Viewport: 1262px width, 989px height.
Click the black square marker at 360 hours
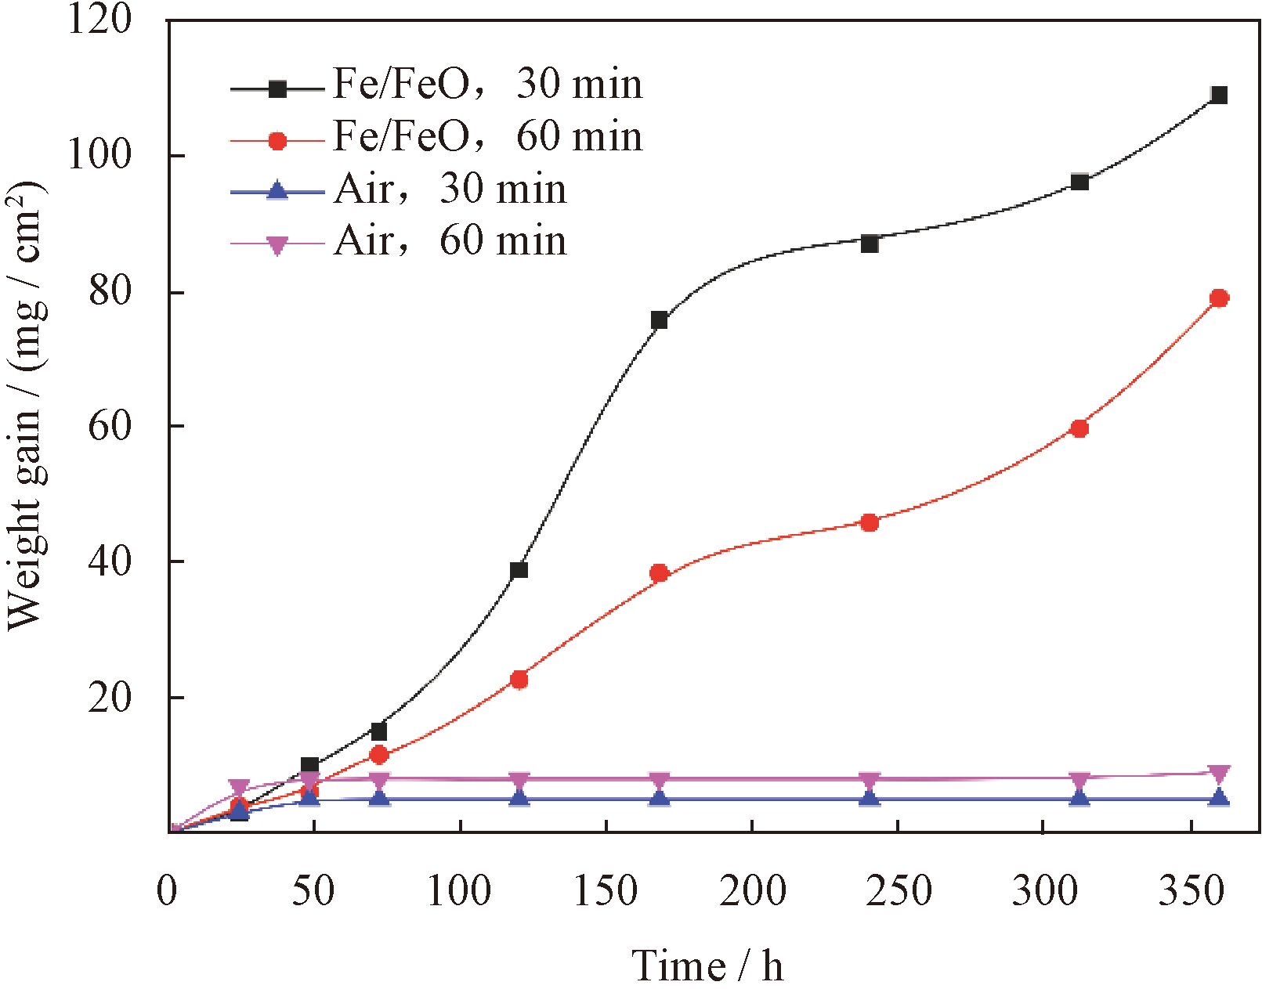[x=1219, y=96]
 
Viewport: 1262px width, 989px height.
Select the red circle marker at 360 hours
[x=1219, y=298]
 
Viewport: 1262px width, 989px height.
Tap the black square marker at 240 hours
[x=869, y=244]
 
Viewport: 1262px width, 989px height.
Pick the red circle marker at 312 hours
[x=1079, y=428]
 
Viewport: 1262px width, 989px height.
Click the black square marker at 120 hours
[x=519, y=570]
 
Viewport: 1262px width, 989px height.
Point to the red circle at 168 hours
[x=659, y=573]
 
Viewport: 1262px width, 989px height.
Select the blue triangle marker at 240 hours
[x=869, y=798]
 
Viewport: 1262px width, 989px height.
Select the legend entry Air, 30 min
[x=449, y=189]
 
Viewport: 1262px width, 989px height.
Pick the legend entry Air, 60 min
[x=449, y=240]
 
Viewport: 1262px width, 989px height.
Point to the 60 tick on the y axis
[x=109, y=427]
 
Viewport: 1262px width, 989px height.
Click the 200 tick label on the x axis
[x=752, y=890]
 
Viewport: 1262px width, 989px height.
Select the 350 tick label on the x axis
[x=1191, y=890]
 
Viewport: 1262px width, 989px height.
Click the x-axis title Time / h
[x=707, y=966]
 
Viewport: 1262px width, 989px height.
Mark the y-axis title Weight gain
[x=25, y=407]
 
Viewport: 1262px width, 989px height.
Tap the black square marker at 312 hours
[x=1079, y=182]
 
